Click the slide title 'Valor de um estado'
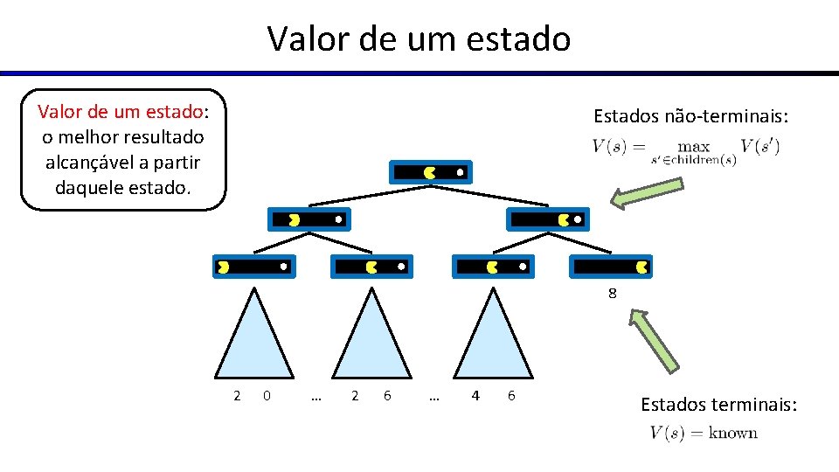coord(419,38)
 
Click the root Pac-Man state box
coord(432,172)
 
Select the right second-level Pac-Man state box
coord(549,219)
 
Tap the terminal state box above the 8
coord(612,266)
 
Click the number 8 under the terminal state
coord(613,294)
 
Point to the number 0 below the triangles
coord(267,396)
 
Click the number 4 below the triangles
coord(475,396)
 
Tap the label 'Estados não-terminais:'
coord(690,116)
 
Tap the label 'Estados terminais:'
coord(718,405)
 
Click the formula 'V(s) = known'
coord(704,433)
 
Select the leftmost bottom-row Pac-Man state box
coord(253,266)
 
